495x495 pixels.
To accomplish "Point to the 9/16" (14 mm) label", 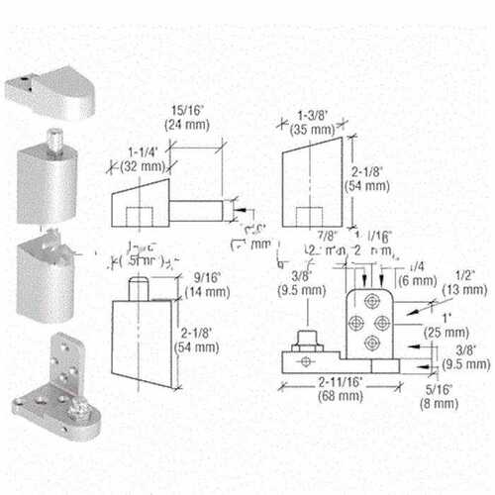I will coord(200,286).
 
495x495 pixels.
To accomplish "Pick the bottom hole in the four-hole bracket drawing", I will coord(371,344).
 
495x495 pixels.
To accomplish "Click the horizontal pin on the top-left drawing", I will coord(202,209).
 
